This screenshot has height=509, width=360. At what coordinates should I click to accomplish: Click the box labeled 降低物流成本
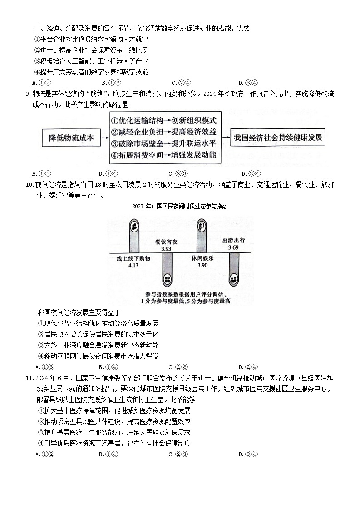pos(71,138)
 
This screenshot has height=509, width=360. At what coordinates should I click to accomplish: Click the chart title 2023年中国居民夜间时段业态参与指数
pos(180,206)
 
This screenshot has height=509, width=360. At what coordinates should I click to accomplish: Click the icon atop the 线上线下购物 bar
pos(134,226)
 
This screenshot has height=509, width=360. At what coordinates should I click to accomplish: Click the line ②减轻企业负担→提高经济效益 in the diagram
pos(163,132)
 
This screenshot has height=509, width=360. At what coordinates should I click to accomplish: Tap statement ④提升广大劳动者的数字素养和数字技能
pos(91,72)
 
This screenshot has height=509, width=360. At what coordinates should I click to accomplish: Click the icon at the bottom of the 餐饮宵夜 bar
pos(167,279)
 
